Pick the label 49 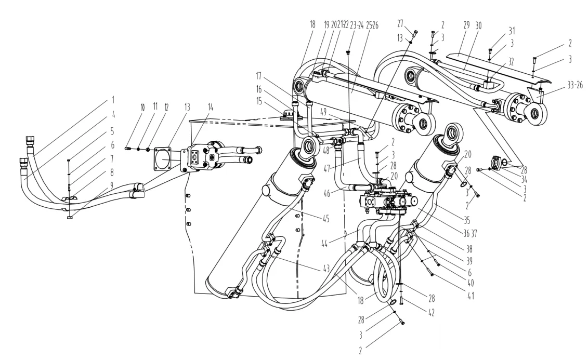coord(328,111)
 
